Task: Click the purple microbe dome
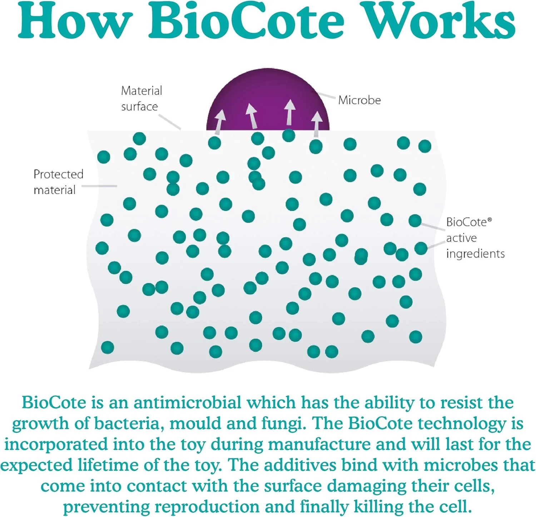(268, 102)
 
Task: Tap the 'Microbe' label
(359, 100)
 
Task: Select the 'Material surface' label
(142, 98)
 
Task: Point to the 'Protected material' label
(58, 182)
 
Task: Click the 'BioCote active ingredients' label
(475, 238)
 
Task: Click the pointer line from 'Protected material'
(99, 186)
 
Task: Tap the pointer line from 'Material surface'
(170, 122)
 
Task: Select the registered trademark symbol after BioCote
(490, 220)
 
